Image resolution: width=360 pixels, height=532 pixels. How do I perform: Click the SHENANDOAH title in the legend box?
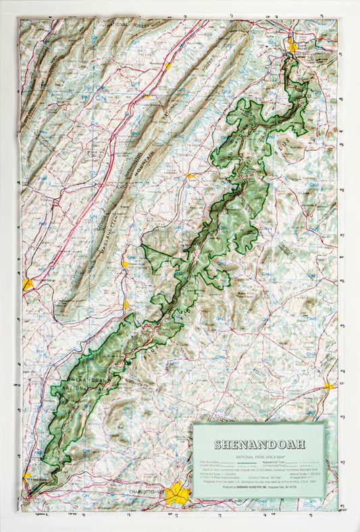[259, 444]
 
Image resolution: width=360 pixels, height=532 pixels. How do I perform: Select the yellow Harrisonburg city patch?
[27, 285]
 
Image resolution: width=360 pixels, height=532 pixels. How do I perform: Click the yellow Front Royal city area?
[291, 46]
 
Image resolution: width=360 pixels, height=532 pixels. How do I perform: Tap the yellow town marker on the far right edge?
[328, 386]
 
